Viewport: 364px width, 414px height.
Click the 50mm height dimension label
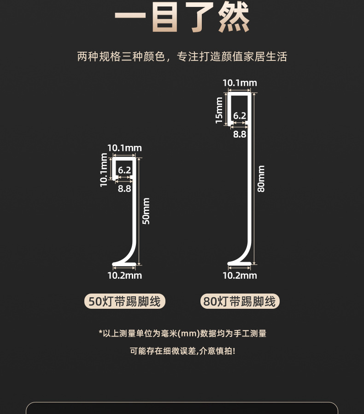(146, 211)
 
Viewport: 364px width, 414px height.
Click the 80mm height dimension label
(261, 179)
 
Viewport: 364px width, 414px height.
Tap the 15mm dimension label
(219, 110)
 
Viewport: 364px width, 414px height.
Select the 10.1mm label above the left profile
(124, 148)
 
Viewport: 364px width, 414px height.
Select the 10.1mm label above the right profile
(240, 83)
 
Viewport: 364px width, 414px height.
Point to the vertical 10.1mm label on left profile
(104, 170)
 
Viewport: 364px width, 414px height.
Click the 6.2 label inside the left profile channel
(124, 170)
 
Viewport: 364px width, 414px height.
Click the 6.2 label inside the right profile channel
(240, 116)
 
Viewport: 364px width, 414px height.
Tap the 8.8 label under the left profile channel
(124, 188)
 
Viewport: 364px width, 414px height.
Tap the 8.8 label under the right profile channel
(240, 134)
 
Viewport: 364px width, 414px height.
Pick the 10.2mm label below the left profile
(124, 276)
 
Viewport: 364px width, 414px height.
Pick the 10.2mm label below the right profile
(240, 276)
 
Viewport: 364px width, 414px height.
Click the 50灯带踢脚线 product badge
(125, 301)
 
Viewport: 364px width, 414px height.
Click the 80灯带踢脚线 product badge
(240, 301)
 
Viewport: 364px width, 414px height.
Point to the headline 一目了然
(182, 18)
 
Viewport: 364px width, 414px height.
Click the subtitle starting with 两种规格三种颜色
(182, 56)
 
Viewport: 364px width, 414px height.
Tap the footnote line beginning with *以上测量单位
(182, 334)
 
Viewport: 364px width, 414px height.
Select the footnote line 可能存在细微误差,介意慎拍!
(182, 351)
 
